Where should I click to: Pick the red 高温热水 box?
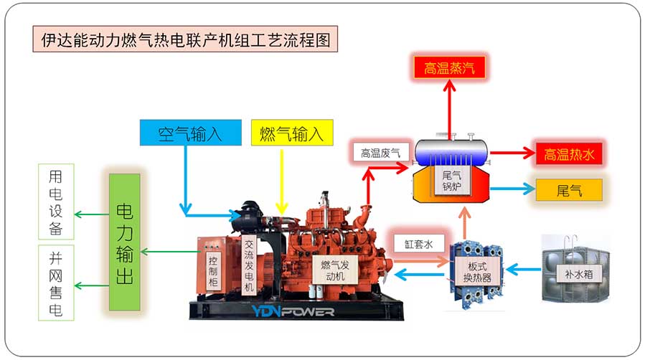click(568, 153)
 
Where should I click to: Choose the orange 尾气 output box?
click(568, 190)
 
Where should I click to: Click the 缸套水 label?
click(420, 243)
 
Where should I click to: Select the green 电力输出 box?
click(124, 242)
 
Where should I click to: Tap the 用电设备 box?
click(56, 202)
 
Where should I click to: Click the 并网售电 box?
click(56, 282)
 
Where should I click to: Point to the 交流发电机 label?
click(248, 266)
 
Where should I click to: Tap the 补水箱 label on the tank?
click(573, 273)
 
